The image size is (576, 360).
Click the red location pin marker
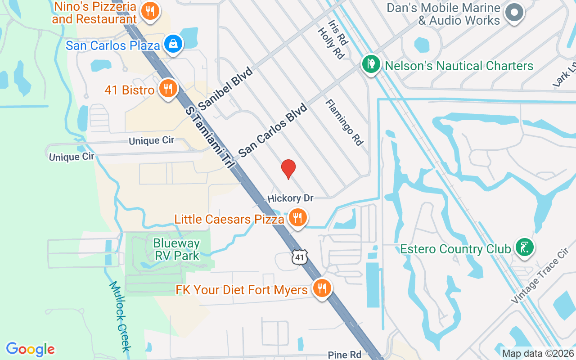tap(288, 169)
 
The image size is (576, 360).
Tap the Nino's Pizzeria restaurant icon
tap(149, 12)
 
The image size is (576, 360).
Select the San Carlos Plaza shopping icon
tap(173, 44)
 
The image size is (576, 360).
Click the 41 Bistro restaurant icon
tap(168, 89)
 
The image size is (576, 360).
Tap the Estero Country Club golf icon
tap(524, 247)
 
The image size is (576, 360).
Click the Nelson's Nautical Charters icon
tap(371, 65)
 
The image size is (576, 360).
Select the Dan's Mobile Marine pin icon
tap(514, 13)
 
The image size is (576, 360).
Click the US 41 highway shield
tap(299, 257)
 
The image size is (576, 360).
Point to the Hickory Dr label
tap(290, 198)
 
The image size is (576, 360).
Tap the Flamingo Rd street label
tap(344, 122)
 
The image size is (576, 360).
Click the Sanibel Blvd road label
tap(226, 89)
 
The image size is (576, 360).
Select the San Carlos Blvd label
tap(273, 130)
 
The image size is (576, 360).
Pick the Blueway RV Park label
tap(176, 249)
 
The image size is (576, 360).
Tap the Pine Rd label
tap(344, 355)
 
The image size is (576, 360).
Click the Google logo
tap(30, 350)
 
